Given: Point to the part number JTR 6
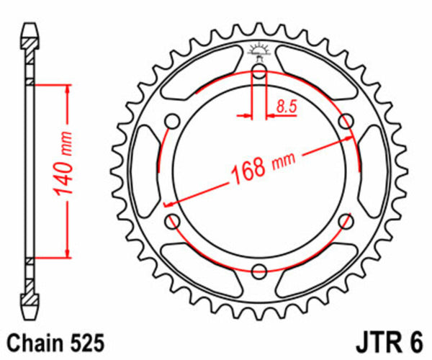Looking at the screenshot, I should pos(389,340).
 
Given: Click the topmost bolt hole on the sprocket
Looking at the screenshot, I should pos(259,71).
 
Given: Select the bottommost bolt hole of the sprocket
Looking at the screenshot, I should pos(259,270).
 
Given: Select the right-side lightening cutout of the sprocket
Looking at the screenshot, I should pos(372,171).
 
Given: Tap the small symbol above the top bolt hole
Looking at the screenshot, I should pos(259,50).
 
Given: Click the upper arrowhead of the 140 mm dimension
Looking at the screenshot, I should pos(68,90).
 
